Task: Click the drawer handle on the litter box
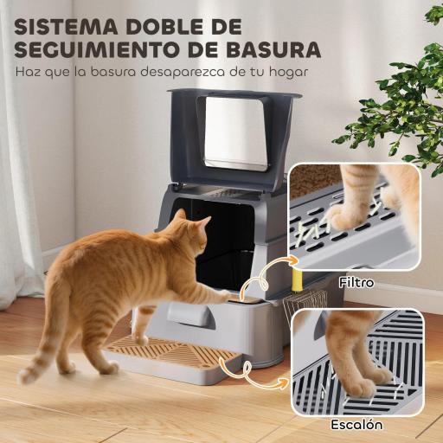(x=192, y=316)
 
